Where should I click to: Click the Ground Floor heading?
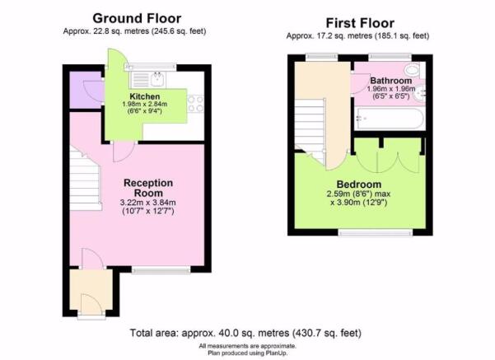137,18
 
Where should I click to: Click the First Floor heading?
360,23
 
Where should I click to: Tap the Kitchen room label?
145,96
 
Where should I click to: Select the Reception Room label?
148,188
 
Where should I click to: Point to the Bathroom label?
391,81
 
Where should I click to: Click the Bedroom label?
359,184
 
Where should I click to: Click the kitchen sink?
156,79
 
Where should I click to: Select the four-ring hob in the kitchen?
196,104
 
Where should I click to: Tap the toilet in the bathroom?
413,69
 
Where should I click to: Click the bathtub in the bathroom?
389,119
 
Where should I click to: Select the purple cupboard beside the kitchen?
86,90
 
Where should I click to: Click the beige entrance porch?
91,290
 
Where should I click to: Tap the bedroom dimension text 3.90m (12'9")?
359,202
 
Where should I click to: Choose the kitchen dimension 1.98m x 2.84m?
145,104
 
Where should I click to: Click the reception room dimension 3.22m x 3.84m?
148,203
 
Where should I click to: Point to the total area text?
245,333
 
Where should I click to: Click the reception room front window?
161,270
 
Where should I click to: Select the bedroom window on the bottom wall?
376,233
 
